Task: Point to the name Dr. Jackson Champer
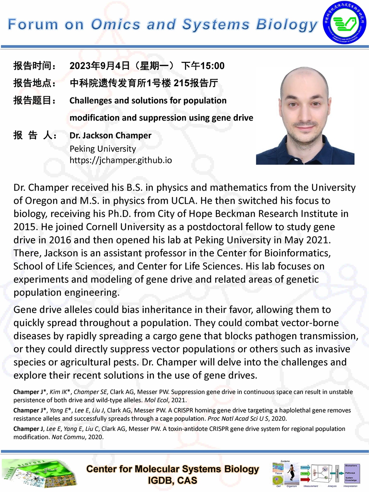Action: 110,136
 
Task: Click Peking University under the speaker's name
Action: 102,148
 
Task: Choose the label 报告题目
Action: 34,101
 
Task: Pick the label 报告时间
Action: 34,66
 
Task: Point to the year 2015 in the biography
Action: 26,227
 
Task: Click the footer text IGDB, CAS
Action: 172,481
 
